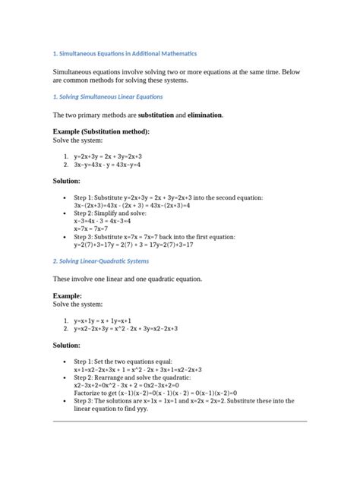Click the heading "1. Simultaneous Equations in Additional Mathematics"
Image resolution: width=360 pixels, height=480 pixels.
point(125,54)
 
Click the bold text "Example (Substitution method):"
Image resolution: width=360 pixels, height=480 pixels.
point(101,131)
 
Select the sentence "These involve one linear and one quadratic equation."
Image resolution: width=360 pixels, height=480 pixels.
point(127,279)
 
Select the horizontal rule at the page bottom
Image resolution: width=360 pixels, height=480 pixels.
point(180,420)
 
